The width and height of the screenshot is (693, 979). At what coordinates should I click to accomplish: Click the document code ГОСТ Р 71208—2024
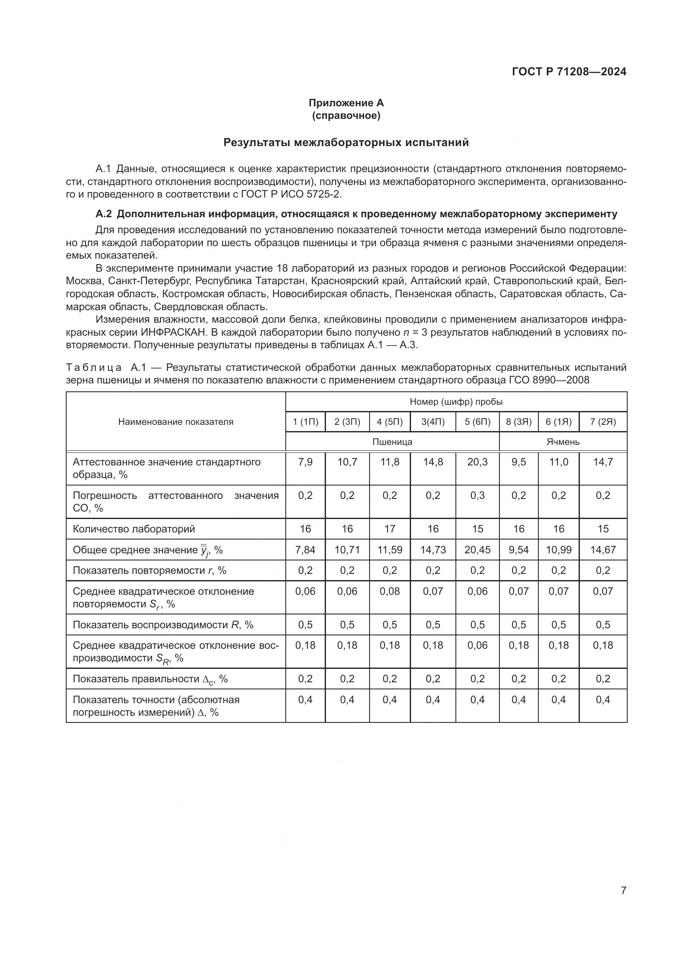pos(569,72)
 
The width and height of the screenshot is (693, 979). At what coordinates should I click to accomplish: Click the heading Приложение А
pos(346,103)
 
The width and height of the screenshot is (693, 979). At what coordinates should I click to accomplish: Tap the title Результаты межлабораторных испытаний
pos(346,142)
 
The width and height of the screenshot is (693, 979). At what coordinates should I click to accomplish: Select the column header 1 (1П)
pos(305,422)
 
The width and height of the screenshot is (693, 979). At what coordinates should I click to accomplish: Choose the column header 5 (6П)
pos(477,422)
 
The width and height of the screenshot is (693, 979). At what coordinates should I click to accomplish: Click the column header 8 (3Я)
pos(518,422)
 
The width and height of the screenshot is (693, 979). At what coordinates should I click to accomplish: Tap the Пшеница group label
pos(392,442)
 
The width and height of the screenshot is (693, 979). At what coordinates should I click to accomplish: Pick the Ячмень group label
pos(563,442)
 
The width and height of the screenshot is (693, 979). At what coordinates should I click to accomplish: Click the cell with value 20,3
pos(477,462)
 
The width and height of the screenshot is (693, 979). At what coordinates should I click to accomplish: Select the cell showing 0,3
pos(477,496)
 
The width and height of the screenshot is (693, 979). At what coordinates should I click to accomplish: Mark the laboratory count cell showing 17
pos(390,529)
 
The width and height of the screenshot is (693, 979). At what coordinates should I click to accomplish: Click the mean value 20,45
pos(477,550)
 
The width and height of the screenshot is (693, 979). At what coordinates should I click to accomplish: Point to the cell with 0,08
pos(390,591)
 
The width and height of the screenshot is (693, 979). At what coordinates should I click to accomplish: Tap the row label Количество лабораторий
pos(134,529)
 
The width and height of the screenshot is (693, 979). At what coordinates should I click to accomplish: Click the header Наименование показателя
pos(176,422)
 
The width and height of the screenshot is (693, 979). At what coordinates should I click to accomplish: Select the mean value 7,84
pos(305,550)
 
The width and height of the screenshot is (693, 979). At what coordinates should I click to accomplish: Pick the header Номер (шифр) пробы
pos(456,402)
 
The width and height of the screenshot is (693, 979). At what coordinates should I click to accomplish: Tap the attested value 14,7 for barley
pos(602,462)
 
